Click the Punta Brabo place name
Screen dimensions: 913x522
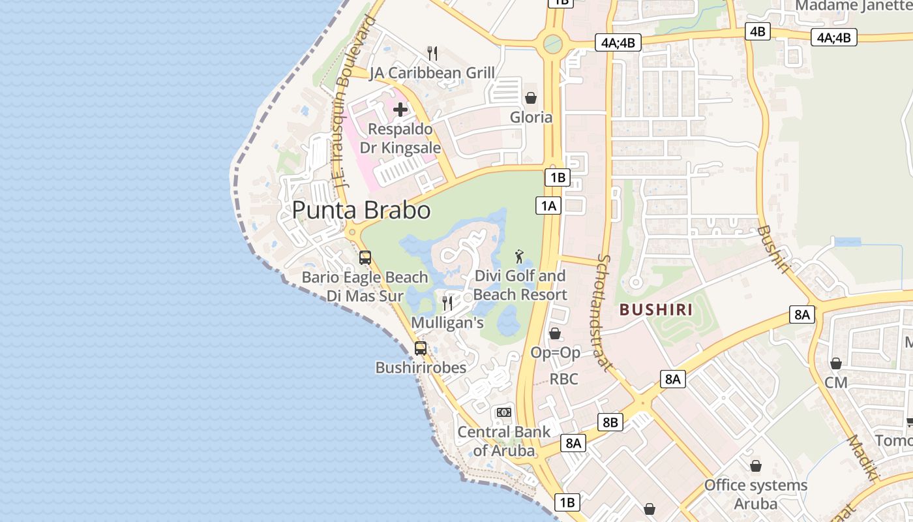tap(361, 210)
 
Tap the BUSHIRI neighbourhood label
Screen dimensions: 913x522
tap(656, 309)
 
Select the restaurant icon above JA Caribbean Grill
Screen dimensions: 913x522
tap(432, 53)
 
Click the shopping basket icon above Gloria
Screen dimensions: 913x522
tap(531, 98)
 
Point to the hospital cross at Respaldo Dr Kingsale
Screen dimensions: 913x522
tap(400, 109)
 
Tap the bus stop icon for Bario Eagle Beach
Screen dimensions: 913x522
tap(365, 257)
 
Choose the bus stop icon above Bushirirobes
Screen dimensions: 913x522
tap(421, 348)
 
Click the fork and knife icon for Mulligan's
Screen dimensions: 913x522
tap(447, 303)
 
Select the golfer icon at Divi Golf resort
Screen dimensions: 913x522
tap(519, 256)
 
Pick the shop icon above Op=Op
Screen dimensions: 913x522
tap(555, 333)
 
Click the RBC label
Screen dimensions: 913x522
tap(563, 379)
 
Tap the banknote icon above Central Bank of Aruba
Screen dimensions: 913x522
tap(503, 412)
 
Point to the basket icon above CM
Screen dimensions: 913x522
tap(835, 363)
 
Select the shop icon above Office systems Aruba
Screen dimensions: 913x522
tap(755, 466)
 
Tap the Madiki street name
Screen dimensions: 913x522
tap(863, 457)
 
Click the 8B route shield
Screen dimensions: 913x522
tap(610, 422)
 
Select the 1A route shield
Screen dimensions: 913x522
tap(548, 206)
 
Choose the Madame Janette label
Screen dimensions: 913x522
tap(853, 6)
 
